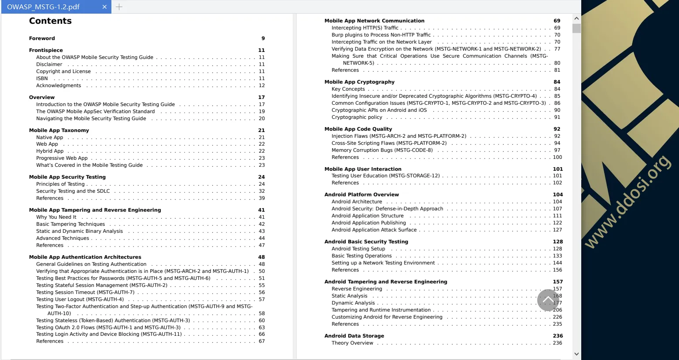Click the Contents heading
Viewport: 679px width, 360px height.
(50, 21)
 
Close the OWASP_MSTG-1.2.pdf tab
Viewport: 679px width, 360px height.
(104, 7)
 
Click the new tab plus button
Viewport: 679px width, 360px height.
(119, 7)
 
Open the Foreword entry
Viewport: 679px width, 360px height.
(42, 38)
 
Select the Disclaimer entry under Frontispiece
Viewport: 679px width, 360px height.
(49, 64)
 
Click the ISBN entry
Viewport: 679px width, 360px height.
(42, 78)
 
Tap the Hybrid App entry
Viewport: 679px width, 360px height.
(50, 151)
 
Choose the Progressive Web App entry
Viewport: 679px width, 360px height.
(62, 158)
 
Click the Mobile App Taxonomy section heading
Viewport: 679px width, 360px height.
(59, 130)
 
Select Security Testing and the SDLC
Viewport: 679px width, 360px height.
(73, 191)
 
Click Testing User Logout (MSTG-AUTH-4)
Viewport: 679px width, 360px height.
(80, 299)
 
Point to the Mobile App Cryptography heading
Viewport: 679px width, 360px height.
(359, 82)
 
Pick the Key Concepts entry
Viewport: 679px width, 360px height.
(348, 89)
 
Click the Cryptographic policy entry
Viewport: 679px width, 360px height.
(357, 117)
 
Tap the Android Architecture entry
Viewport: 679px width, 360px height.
(357, 202)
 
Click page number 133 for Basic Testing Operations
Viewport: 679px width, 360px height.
(557, 256)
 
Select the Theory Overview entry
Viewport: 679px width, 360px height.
(352, 343)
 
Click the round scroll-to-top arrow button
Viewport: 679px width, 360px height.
(548, 300)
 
